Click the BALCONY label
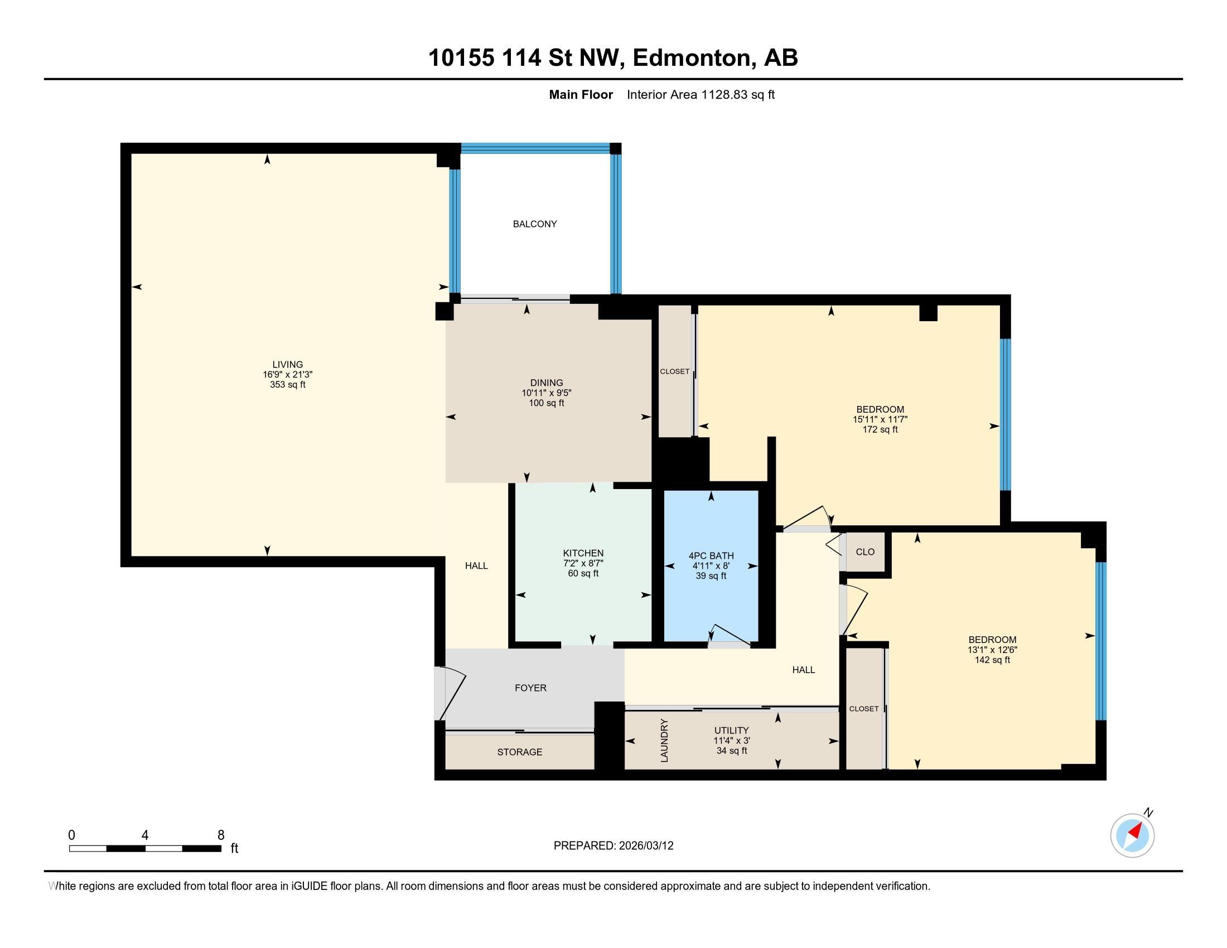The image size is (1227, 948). (534, 224)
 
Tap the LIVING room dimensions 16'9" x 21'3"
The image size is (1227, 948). (288, 375)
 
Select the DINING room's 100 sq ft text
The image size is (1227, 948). (546, 403)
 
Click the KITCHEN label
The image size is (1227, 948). (583, 553)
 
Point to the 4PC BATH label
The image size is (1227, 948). (711, 556)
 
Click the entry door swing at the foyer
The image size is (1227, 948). (453, 694)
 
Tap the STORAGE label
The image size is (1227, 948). (520, 752)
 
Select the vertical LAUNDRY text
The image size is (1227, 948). (665, 740)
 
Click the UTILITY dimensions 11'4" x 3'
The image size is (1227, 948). (732, 741)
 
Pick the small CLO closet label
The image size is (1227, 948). (865, 552)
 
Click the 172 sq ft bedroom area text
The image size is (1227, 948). (880, 429)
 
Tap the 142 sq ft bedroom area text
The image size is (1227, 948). (992, 660)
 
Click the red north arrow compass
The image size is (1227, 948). (1132, 835)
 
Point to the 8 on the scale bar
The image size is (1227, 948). (221, 835)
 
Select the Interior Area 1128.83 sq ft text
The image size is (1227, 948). (701, 95)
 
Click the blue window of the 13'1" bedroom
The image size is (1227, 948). (1101, 641)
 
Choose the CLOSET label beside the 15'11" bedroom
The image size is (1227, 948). (674, 371)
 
